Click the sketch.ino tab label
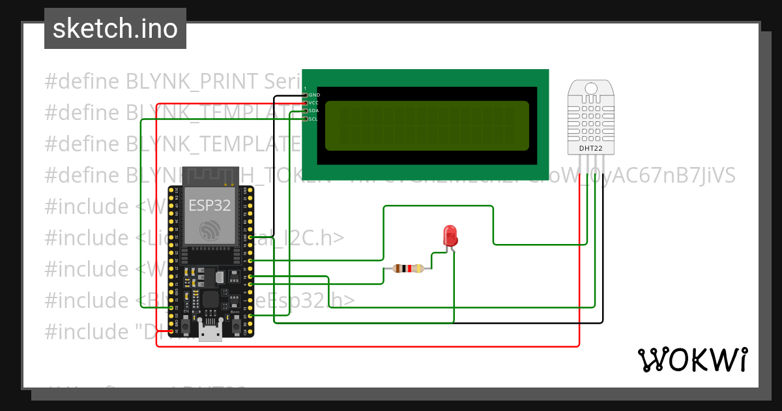(115, 29)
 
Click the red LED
(450, 236)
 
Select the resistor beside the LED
(409, 268)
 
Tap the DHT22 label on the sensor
(591, 149)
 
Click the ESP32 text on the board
(209, 205)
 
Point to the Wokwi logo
(691, 359)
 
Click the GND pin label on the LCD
(314, 95)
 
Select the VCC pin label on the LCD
(314, 103)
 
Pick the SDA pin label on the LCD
(314, 111)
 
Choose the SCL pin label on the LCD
(314, 119)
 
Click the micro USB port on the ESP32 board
(210, 333)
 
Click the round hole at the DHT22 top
(591, 88)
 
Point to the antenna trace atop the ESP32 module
(209, 176)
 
